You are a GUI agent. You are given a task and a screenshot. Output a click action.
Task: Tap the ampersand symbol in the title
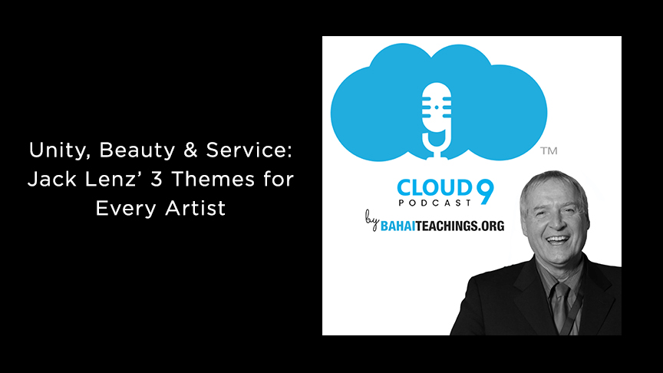tap(191, 150)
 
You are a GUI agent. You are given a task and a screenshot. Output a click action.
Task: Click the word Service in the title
tap(249, 150)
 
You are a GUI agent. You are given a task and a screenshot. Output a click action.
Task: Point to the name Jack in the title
tap(52, 180)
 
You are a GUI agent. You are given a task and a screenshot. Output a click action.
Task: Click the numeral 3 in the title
tap(157, 180)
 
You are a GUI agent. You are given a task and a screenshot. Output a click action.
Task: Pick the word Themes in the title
tap(213, 180)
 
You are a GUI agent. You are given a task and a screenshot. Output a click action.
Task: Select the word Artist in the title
tap(196, 208)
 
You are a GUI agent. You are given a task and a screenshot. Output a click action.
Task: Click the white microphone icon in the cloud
tap(437, 120)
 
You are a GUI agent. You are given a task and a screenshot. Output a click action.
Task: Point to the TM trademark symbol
tap(549, 151)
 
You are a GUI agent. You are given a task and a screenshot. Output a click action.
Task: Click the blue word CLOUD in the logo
tap(434, 188)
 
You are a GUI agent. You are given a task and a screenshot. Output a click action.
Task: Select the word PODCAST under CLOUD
tap(435, 203)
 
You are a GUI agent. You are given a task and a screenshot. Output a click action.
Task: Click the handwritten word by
tap(371, 220)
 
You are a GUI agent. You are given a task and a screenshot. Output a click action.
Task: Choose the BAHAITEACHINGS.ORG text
tap(442, 226)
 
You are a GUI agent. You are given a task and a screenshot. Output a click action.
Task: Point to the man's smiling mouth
tap(557, 241)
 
